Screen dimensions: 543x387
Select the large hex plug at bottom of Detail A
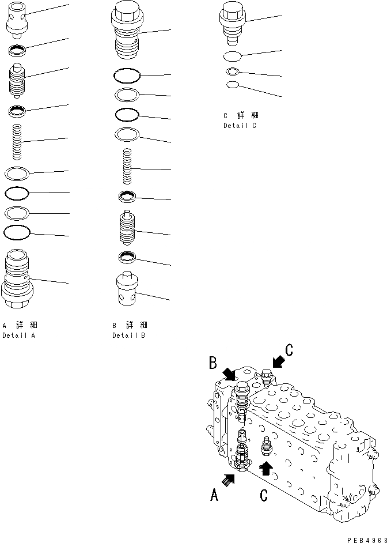(18, 280)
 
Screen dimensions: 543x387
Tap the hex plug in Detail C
(233, 23)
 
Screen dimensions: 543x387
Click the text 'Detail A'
(18, 335)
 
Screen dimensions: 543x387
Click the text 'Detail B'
(129, 335)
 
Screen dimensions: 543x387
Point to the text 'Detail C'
(240, 126)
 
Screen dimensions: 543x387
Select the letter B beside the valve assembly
(213, 363)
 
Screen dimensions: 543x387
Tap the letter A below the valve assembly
(214, 495)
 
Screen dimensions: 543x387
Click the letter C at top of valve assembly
(289, 349)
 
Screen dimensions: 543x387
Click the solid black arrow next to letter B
(229, 373)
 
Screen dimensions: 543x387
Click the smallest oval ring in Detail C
(233, 85)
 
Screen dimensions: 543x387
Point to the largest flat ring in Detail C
(233, 56)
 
